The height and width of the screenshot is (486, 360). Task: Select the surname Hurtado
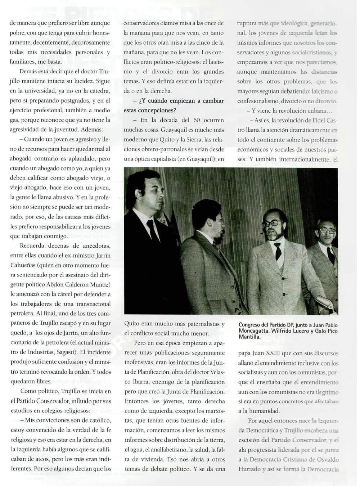coord(251,469)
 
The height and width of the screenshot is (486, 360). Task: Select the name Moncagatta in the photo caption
coord(255,331)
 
